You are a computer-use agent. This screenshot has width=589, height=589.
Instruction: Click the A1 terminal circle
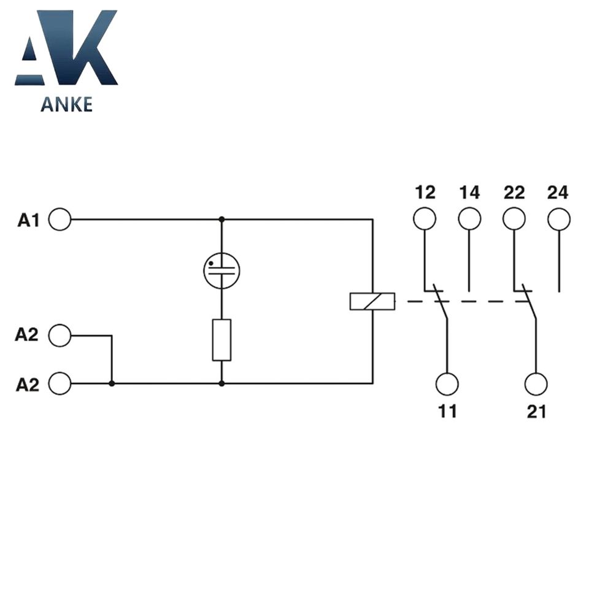coord(60,219)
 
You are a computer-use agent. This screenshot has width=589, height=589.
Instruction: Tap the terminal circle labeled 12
coord(425,219)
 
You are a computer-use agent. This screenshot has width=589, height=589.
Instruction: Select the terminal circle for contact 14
coord(469,219)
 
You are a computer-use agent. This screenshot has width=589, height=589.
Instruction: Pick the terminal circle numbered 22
coord(514,219)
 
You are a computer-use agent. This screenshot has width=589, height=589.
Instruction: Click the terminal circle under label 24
coord(559,219)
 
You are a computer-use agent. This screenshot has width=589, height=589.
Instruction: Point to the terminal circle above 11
coord(447,383)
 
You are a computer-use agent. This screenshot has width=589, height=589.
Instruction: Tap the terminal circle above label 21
coord(536,383)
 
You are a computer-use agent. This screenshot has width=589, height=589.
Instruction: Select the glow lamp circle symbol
coord(221,269)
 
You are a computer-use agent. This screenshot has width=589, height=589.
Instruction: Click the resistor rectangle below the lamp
coord(221,339)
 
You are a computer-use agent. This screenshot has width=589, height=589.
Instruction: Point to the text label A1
coord(28,220)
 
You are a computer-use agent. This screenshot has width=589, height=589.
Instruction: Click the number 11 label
coord(447,411)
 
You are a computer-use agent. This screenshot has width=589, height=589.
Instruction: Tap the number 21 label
coord(536,411)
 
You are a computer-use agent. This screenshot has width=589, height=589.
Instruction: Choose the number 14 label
coord(469,193)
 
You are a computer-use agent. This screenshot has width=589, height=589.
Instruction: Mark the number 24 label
coord(558,193)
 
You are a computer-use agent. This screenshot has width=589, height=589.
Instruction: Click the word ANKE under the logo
coord(66,104)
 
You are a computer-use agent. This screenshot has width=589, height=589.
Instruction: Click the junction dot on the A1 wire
coord(221,219)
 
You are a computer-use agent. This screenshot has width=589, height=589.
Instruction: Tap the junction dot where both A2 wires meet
coord(112,383)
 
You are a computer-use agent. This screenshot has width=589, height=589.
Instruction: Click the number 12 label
coord(425,193)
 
